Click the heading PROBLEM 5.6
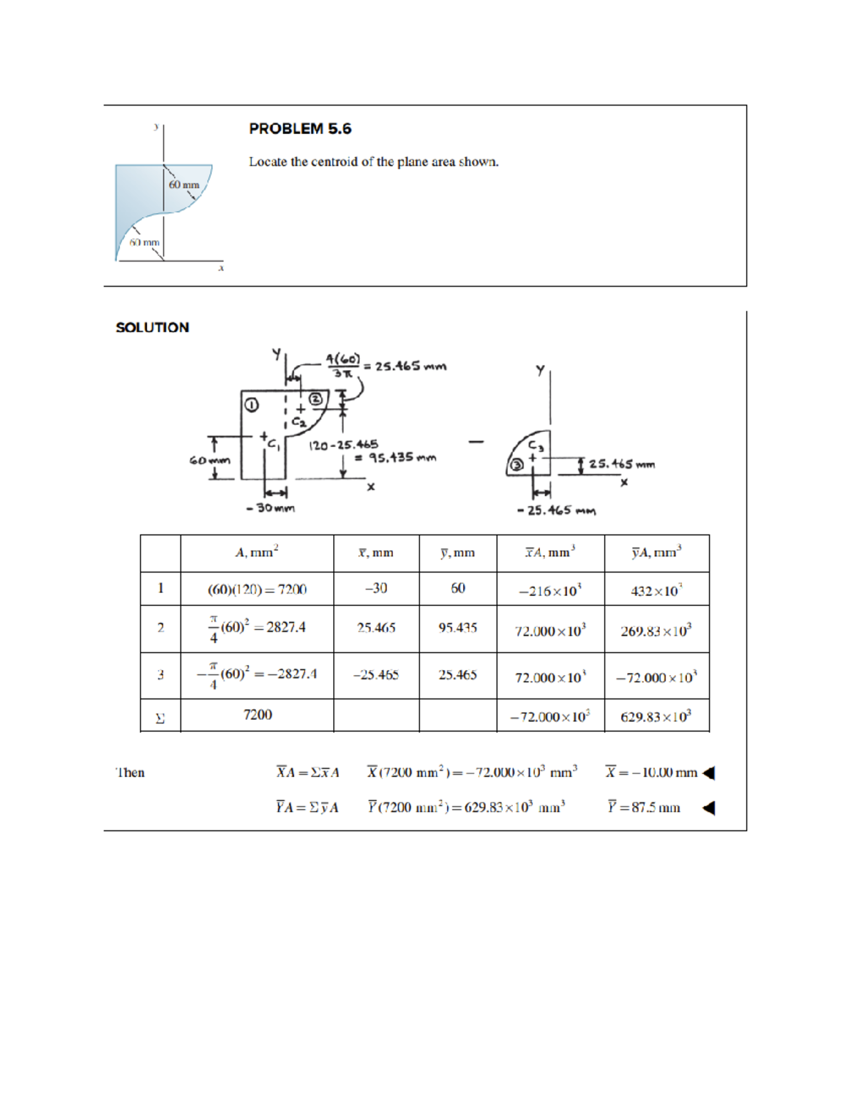pos(300,129)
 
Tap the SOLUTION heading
pos(152,328)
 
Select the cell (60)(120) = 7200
pos(257,589)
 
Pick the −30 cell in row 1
pos(375,588)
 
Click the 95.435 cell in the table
pos(457,628)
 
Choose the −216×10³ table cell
pos(550,591)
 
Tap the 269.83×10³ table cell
pos(656,631)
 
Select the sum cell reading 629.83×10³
pos(656,716)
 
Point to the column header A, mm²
pos(257,552)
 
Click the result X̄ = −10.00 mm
pos(651,772)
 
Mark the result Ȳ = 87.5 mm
pos(644,808)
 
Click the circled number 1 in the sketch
pos(251,405)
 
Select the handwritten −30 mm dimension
pos(270,508)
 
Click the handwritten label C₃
pos(536,446)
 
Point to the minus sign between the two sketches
pos(476,441)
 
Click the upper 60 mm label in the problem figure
pos(184,185)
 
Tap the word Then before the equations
pos(130,773)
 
